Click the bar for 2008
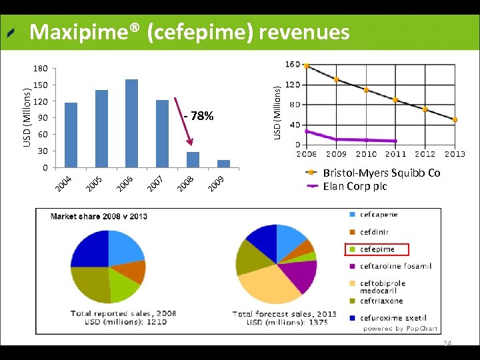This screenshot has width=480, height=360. [x=193, y=160]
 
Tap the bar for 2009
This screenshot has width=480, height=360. [x=223, y=163]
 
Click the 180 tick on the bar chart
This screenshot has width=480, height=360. [x=41, y=69]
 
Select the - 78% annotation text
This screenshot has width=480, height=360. [x=199, y=117]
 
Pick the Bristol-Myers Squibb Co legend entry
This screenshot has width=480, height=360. [x=381, y=173]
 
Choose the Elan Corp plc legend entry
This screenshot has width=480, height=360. [x=354, y=186]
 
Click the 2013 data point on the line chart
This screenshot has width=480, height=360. [x=455, y=120]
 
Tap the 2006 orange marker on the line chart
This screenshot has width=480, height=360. [x=306, y=65]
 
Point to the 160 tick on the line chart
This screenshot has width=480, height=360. [x=292, y=65]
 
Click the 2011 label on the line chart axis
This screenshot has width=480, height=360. [x=395, y=154]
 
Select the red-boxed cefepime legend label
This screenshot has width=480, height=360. [x=377, y=249]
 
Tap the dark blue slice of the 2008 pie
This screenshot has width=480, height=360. [x=90, y=251]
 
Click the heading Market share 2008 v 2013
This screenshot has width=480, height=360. [x=99, y=216]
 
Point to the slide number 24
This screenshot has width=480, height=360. [x=447, y=343]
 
